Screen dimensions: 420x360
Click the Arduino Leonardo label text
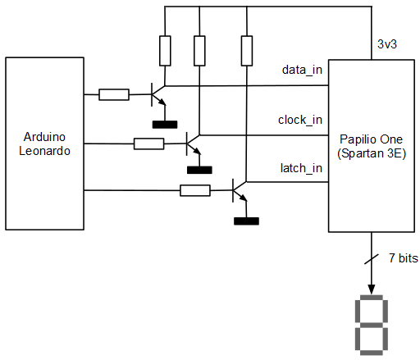(x=44, y=144)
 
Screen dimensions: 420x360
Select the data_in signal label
(x=302, y=70)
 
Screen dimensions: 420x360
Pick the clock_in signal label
(x=300, y=120)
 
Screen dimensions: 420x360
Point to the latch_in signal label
(x=301, y=168)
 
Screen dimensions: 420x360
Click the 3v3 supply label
(x=387, y=44)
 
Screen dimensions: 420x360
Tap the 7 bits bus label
(x=404, y=258)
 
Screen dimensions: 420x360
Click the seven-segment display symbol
(x=372, y=325)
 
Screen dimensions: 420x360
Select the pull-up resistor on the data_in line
(x=165, y=51)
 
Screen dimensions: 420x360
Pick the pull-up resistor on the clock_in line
(x=199, y=51)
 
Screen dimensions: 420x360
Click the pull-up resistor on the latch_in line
(x=247, y=51)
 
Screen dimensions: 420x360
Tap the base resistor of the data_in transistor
(x=114, y=94)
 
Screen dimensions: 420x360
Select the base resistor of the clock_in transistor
(x=148, y=144)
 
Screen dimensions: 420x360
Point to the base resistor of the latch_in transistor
(x=195, y=190)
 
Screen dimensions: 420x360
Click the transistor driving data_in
(x=158, y=94)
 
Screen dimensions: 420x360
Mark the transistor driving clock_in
(x=194, y=144)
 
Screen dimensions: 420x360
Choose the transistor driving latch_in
(x=240, y=190)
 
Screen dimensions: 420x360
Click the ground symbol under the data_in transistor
(x=165, y=125)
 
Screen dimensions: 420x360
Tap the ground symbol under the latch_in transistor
(x=246, y=221)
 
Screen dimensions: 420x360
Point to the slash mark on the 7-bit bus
(x=372, y=259)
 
